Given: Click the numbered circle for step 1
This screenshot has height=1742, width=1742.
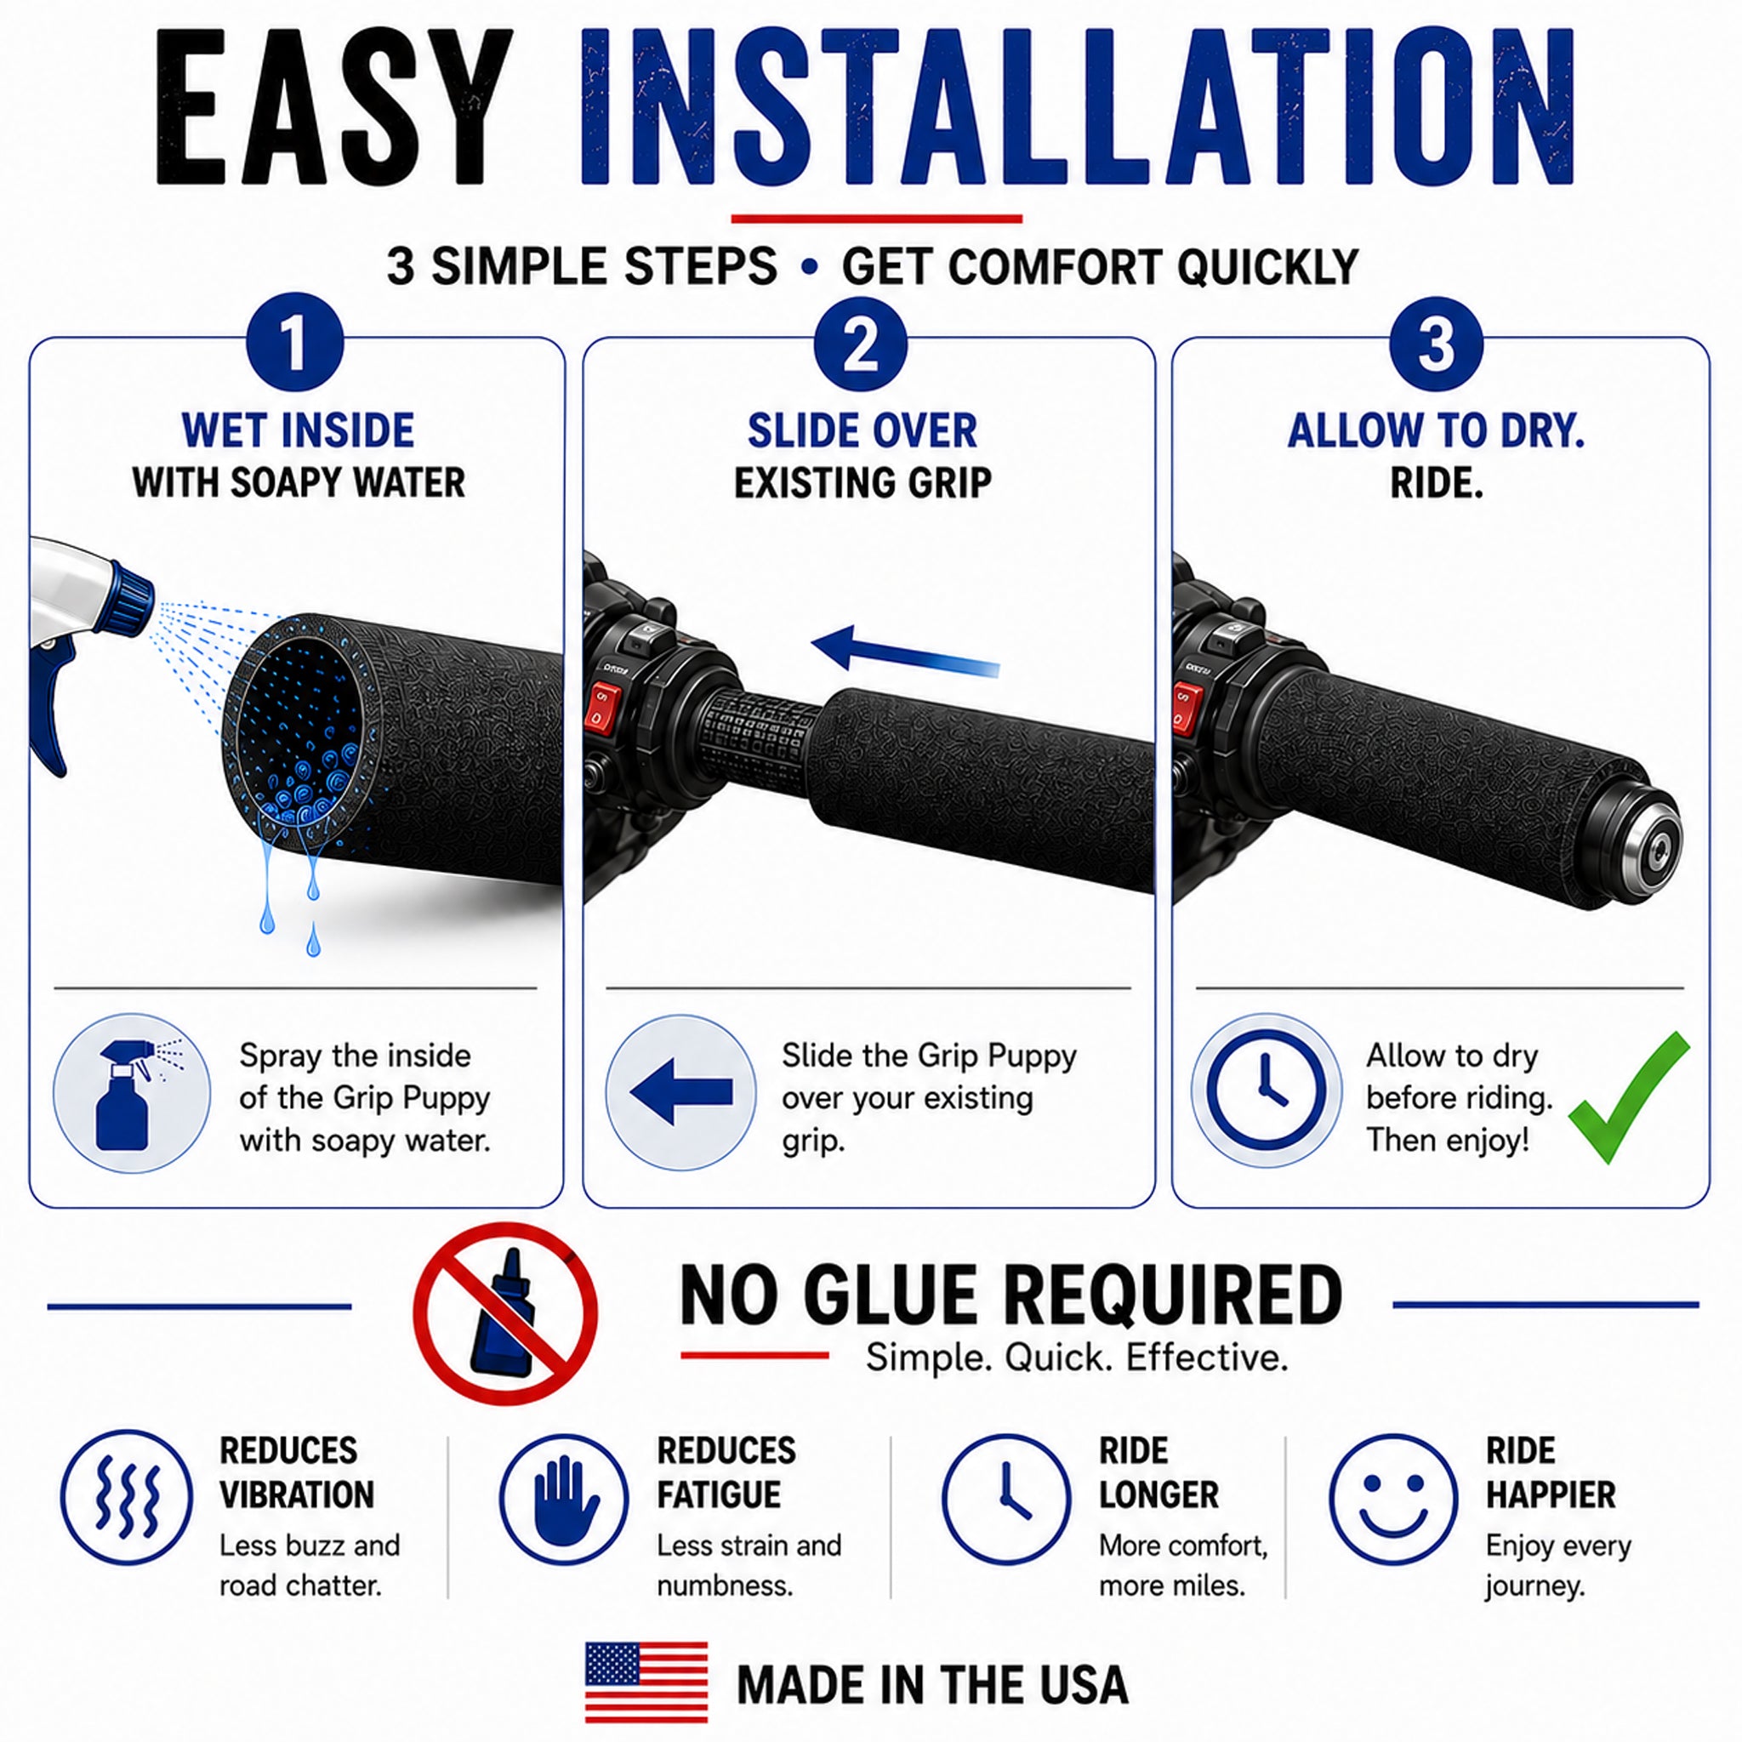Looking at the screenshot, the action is click(x=295, y=344).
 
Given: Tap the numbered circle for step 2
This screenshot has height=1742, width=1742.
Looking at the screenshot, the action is click(x=861, y=344).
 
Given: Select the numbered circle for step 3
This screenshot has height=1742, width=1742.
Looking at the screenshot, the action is click(x=1437, y=344).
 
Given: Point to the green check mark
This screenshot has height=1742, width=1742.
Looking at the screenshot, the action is click(x=1627, y=1096).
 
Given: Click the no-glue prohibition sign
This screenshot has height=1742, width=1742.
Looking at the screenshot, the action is click(x=506, y=1312).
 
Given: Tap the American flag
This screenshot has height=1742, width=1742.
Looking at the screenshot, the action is click(x=646, y=1682).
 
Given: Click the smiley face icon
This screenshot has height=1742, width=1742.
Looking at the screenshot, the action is click(x=1393, y=1500).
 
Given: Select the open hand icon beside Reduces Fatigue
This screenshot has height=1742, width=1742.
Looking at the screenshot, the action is click(x=565, y=1500).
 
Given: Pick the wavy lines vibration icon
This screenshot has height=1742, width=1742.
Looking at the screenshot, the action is click(x=127, y=1500).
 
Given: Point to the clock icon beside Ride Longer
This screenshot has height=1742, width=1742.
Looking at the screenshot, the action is click(x=1006, y=1500).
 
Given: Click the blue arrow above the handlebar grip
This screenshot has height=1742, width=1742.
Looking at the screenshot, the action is click(x=905, y=651).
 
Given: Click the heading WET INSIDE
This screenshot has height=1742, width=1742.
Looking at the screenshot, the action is click(x=299, y=430).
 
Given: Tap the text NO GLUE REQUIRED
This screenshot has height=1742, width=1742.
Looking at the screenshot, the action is click(x=1010, y=1295).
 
